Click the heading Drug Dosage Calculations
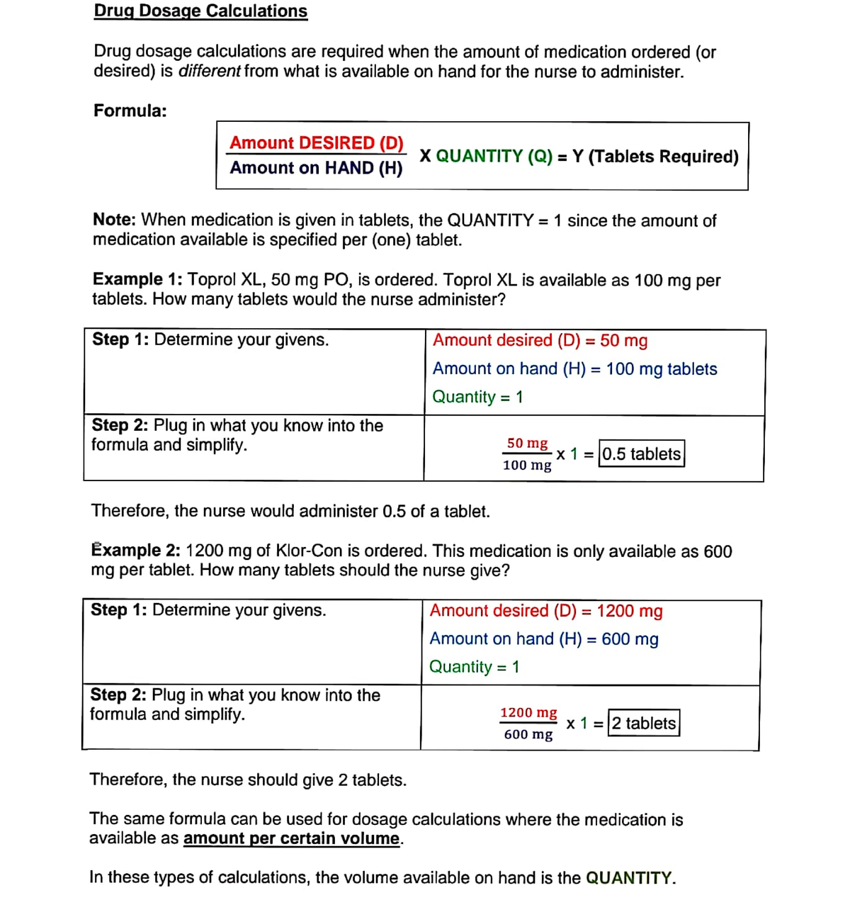tap(200, 11)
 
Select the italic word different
tap(210, 72)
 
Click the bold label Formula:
tap(130, 111)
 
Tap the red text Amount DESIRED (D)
tap(317, 143)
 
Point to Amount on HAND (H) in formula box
tap(316, 168)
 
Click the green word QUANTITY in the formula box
tap(479, 157)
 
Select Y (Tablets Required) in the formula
tap(655, 157)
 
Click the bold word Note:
tap(114, 220)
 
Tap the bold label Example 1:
tap(137, 280)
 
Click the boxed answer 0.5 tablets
tap(642, 454)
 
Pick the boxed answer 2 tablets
tap(644, 724)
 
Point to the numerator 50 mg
tap(527, 444)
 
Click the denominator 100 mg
tap(527, 466)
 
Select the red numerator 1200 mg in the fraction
tap(528, 713)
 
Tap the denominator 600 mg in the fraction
tap(528, 735)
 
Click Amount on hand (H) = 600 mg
tap(544, 639)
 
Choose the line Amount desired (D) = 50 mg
tap(540, 341)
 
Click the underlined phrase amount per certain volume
tap(292, 839)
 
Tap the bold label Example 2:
tap(136, 551)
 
